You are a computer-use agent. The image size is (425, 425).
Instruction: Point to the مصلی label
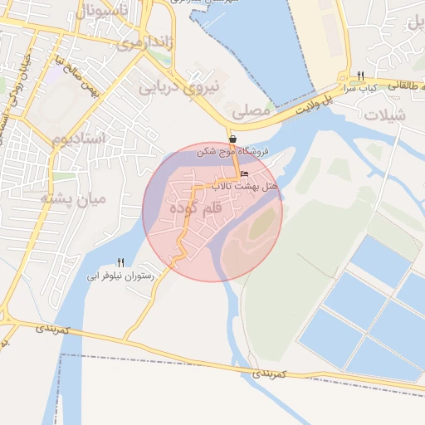(x=251, y=109)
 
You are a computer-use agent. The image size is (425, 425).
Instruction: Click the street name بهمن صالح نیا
(x=80, y=76)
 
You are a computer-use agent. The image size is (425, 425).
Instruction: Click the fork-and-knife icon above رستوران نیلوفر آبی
(x=121, y=261)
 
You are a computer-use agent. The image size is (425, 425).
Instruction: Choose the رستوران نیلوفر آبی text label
(x=122, y=275)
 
